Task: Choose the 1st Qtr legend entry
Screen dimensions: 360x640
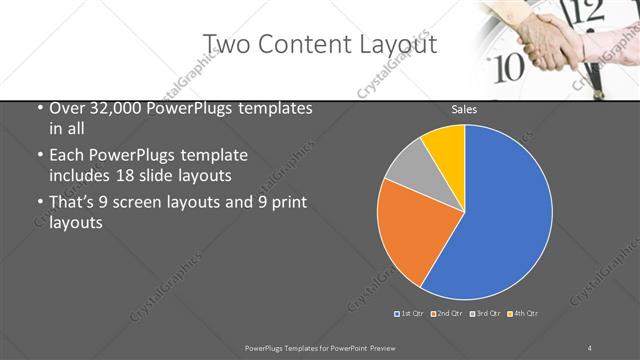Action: click(410, 314)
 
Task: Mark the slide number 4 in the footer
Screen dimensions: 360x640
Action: click(590, 347)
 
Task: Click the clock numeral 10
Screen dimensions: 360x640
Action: click(510, 68)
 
